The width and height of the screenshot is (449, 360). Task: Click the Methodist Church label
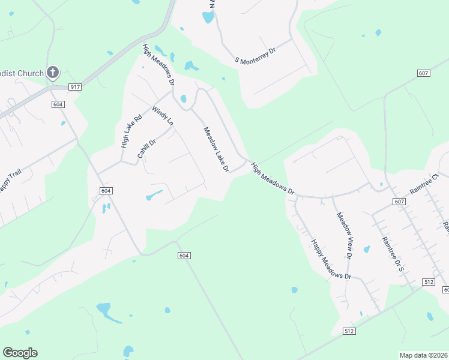coord(22,74)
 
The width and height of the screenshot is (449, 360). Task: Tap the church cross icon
coord(53,73)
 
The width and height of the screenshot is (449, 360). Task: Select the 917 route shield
coord(75,87)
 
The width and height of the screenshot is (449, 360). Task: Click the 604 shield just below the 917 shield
coord(58,104)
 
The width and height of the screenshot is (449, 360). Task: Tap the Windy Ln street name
coord(163,116)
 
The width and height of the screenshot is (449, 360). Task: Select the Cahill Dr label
coord(146,148)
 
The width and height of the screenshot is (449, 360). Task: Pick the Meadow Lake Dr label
coord(216,149)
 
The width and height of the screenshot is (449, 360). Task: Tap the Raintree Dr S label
coord(392,254)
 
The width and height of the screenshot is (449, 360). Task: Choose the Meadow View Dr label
coord(345,235)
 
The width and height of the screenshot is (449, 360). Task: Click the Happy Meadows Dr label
coord(330,260)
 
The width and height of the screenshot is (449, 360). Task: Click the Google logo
coord(20,353)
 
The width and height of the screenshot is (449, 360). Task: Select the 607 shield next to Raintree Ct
coord(400,202)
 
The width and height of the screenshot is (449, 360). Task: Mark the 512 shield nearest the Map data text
coord(349,331)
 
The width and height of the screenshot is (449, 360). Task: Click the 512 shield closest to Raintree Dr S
coord(428,281)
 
